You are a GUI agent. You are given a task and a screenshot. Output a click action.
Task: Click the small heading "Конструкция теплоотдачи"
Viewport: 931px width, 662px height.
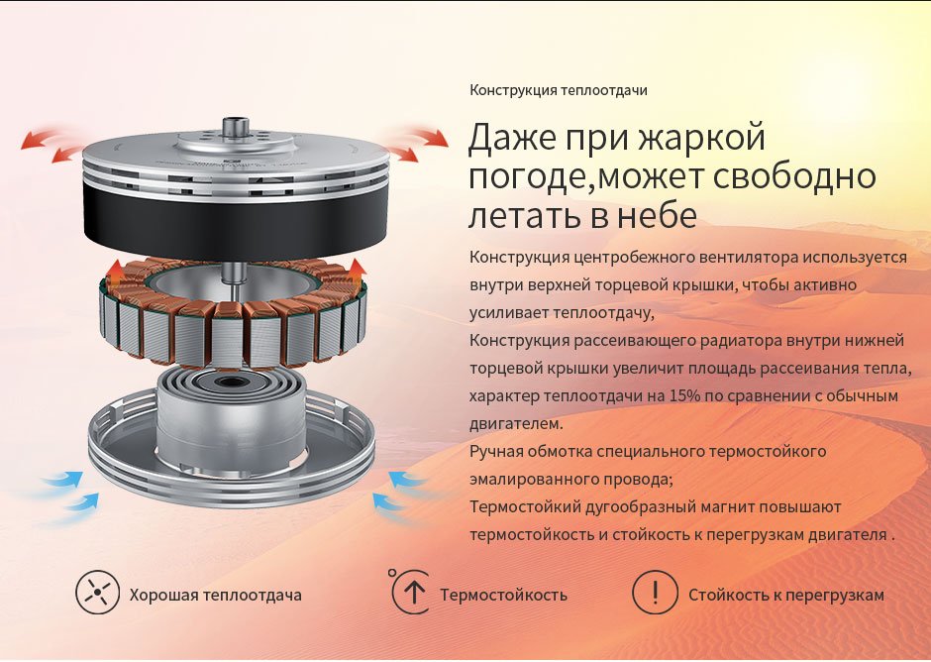[x=559, y=90]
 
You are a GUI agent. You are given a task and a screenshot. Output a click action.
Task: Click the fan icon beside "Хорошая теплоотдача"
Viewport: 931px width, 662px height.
[x=97, y=593]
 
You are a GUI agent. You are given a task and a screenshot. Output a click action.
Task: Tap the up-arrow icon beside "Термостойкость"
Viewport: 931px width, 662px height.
[x=411, y=592]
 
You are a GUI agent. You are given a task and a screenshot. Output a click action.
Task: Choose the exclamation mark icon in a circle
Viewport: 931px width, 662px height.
[x=655, y=592]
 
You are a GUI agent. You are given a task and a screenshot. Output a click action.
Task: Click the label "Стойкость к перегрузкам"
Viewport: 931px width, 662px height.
[x=786, y=595]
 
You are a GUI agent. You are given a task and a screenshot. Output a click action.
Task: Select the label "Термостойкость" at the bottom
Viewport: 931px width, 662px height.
[x=503, y=595]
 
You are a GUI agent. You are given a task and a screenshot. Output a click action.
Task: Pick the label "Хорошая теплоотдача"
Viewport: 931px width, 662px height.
[x=216, y=595]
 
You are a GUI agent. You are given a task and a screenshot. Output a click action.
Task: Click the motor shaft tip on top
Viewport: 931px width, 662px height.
[x=236, y=126]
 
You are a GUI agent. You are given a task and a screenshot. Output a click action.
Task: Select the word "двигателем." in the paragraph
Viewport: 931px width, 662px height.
[x=516, y=424]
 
